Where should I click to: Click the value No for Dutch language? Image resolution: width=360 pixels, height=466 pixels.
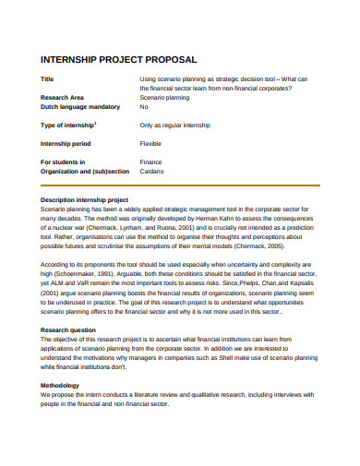click(144, 106)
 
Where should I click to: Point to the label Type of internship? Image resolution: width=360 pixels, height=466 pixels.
click(69, 124)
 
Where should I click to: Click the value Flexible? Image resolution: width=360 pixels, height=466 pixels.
click(151, 143)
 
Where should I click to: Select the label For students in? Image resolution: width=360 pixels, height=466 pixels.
click(64, 161)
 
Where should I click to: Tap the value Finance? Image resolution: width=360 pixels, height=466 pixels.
click(151, 161)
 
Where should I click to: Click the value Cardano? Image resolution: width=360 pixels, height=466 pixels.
click(152, 171)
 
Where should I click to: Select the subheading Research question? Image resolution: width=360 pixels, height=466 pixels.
click(68, 329)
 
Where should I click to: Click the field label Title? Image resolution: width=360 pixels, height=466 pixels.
click(48, 79)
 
